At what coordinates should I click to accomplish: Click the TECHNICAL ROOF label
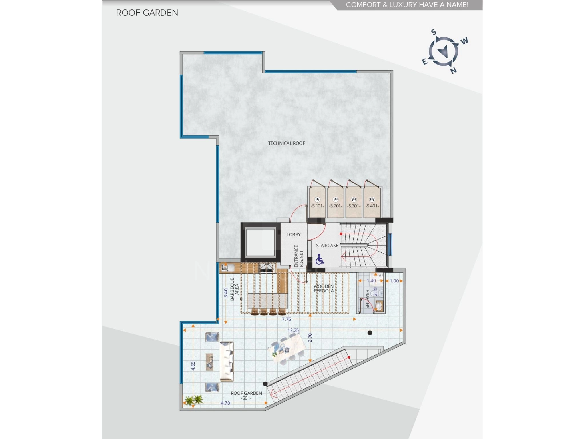[286, 143]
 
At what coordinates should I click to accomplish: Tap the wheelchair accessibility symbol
[320, 260]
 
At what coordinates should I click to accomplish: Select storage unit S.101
[317, 202]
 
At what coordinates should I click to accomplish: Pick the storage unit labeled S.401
[372, 202]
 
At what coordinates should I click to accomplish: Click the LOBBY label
[293, 234]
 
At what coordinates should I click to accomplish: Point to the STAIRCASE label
[327, 246]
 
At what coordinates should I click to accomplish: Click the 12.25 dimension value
[293, 330]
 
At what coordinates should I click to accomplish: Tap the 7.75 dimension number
[286, 319]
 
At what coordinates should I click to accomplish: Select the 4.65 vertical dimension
[193, 366]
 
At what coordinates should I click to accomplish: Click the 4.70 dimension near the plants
[225, 403]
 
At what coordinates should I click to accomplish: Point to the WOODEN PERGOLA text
[324, 288]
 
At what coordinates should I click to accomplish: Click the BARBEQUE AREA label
[234, 289]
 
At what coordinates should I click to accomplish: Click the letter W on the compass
[464, 41]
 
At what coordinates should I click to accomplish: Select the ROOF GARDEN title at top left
[147, 13]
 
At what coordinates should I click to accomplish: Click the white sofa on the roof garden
[227, 362]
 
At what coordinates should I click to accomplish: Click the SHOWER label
[367, 299]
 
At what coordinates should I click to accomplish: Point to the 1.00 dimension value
[394, 281]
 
